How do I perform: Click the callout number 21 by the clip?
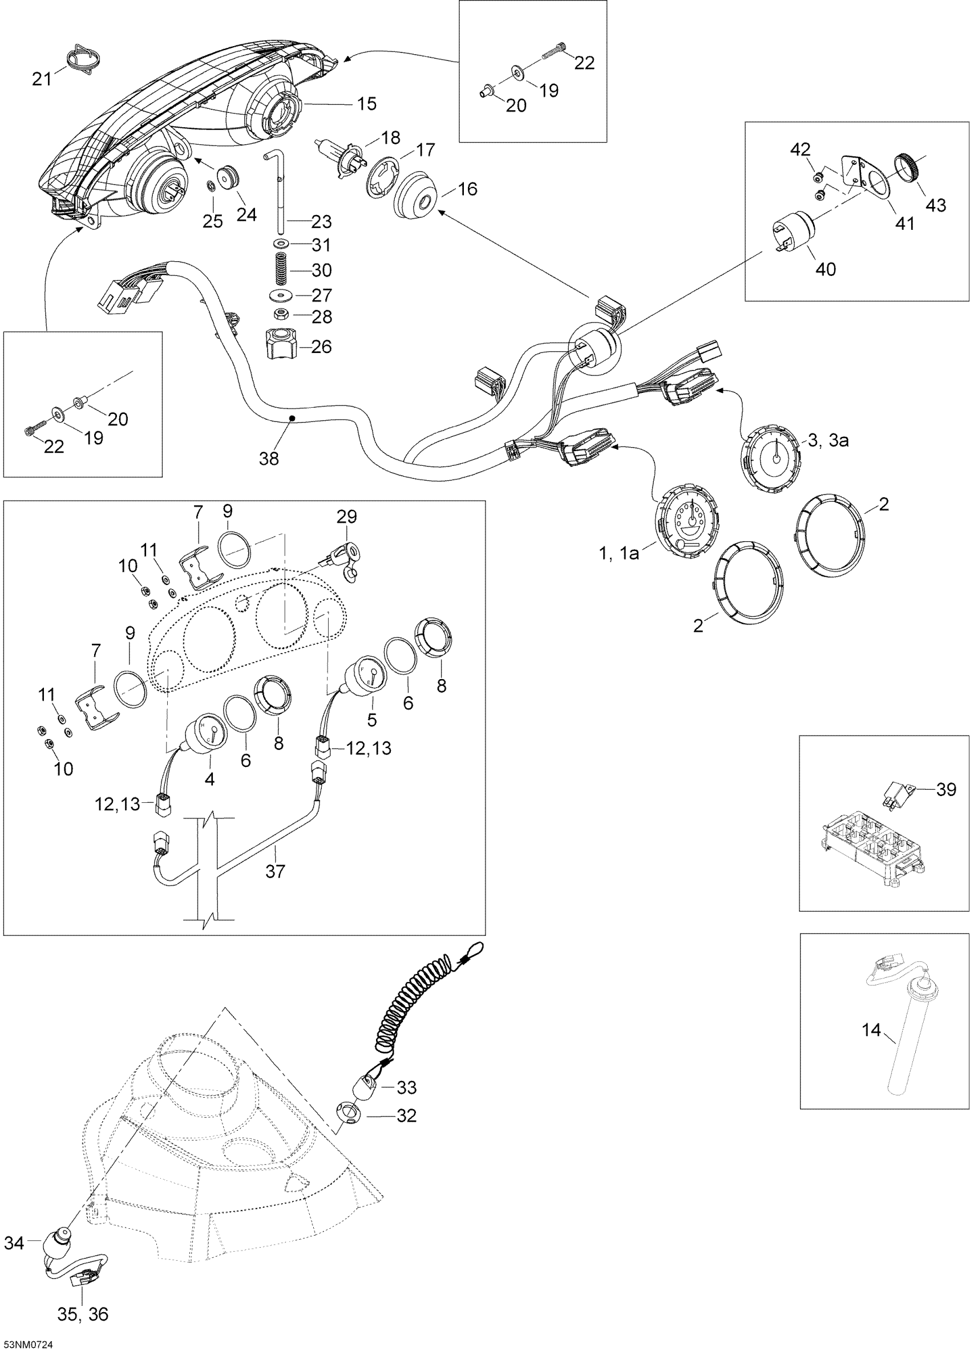42,78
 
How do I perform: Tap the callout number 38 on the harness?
269,458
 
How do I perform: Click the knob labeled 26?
282,345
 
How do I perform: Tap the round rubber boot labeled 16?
416,197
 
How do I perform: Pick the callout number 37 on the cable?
275,871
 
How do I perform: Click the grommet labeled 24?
229,178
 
